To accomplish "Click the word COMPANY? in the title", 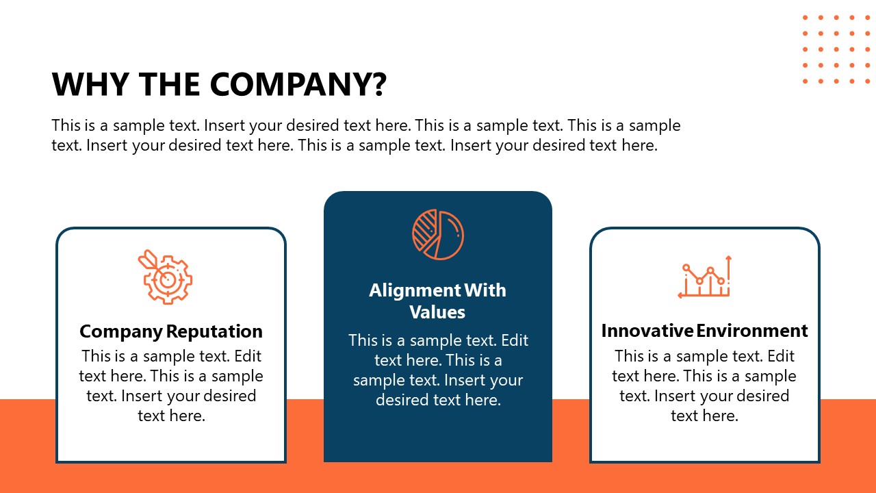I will tap(298, 84).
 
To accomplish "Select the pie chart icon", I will tap(438, 235).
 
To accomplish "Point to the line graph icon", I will tap(705, 277).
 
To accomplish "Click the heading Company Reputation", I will tap(171, 331).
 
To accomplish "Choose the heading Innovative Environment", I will tap(704, 331).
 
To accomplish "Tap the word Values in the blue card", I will tap(437, 312).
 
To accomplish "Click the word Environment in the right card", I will tap(752, 331).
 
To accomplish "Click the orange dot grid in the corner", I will tap(836, 49).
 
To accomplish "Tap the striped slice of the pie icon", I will tap(425, 231).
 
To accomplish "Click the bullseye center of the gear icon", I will tap(166, 279).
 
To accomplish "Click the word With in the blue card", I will tap(485, 290).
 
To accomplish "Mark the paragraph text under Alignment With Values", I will tap(438, 370).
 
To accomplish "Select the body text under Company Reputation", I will tap(171, 385).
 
